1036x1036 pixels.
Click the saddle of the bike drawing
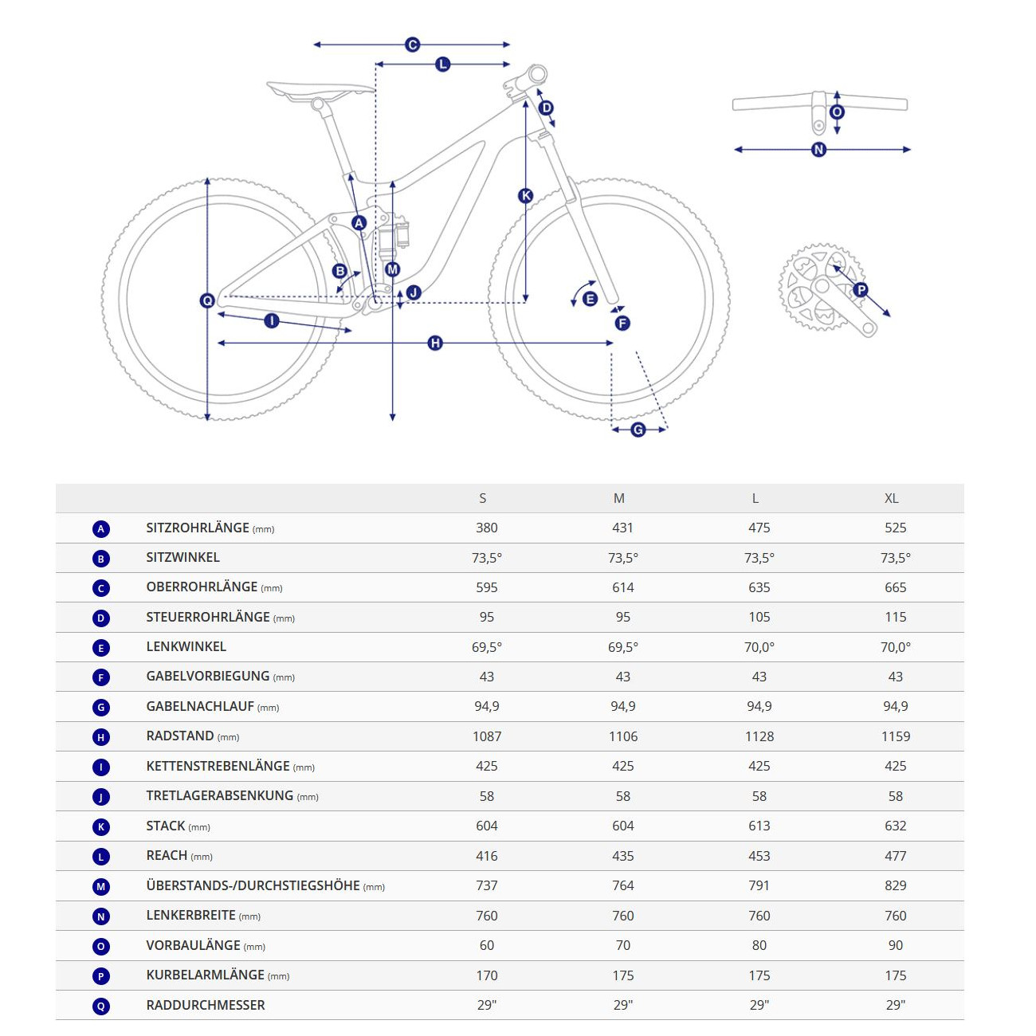click(320, 90)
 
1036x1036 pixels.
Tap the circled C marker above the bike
click(412, 45)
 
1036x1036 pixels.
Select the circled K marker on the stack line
click(525, 196)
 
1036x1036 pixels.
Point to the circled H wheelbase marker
click(435, 343)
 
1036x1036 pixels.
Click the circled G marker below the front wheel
click(638, 430)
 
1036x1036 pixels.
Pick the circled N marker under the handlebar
click(818, 150)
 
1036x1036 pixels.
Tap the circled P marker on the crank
click(861, 290)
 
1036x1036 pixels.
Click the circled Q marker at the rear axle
click(207, 300)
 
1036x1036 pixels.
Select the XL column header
click(892, 498)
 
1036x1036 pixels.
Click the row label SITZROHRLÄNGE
click(198, 528)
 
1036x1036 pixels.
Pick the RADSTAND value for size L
click(759, 736)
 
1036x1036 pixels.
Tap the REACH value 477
click(895, 856)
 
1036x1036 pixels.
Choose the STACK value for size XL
click(895, 826)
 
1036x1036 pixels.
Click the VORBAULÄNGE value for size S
click(487, 945)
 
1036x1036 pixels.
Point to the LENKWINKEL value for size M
click(623, 647)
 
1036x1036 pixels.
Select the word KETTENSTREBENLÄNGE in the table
click(218, 766)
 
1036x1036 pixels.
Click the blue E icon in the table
click(101, 649)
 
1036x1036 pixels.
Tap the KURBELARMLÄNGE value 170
click(487, 975)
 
